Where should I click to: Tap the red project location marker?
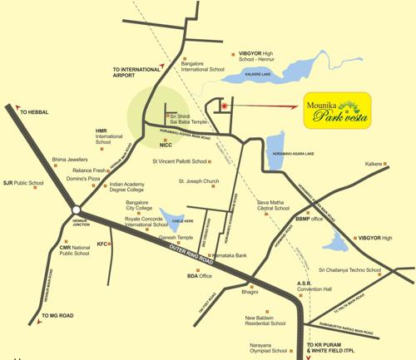tap(223, 106)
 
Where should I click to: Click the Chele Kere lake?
tap(176, 219)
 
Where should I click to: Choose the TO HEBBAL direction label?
tap(36, 111)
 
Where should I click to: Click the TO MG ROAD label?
tap(58, 316)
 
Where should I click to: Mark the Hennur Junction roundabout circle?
tap(77, 210)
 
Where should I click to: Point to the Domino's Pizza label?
tap(83, 179)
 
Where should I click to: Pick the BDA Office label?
tap(199, 276)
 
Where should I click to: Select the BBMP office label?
tap(308, 219)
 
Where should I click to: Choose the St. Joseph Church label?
tap(199, 180)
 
